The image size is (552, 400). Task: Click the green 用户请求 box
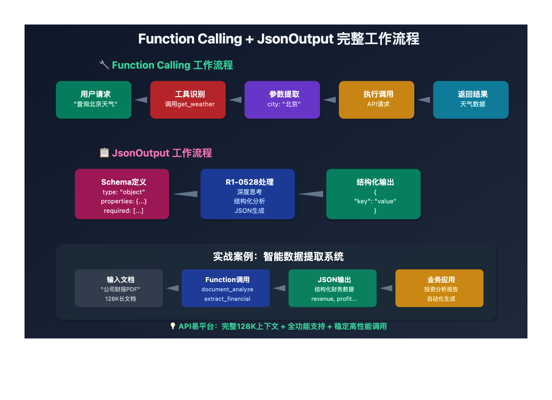[94, 100]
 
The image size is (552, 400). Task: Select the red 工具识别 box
[188, 100]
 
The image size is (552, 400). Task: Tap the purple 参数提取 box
[282, 100]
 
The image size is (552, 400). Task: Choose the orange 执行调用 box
[376, 100]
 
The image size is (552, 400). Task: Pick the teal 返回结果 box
[471, 100]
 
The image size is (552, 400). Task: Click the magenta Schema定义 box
[122, 194]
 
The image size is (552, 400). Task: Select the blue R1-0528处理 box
[247, 194]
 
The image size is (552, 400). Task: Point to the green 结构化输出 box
[373, 194]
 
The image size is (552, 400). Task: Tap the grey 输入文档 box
[119, 288]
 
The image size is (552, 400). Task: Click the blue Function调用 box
[225, 288]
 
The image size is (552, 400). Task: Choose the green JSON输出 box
[332, 288]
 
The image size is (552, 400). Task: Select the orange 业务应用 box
[439, 288]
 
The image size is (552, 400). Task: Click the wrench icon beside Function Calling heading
[104, 65]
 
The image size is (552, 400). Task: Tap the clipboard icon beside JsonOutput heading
[104, 153]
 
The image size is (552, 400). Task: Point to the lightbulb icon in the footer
[173, 326]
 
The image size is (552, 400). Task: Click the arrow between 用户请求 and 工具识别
[141, 100]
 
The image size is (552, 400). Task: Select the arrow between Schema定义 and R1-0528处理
[185, 194]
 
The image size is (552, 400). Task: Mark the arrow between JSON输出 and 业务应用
[386, 288]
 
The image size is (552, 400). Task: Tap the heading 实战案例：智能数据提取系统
[278, 256]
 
